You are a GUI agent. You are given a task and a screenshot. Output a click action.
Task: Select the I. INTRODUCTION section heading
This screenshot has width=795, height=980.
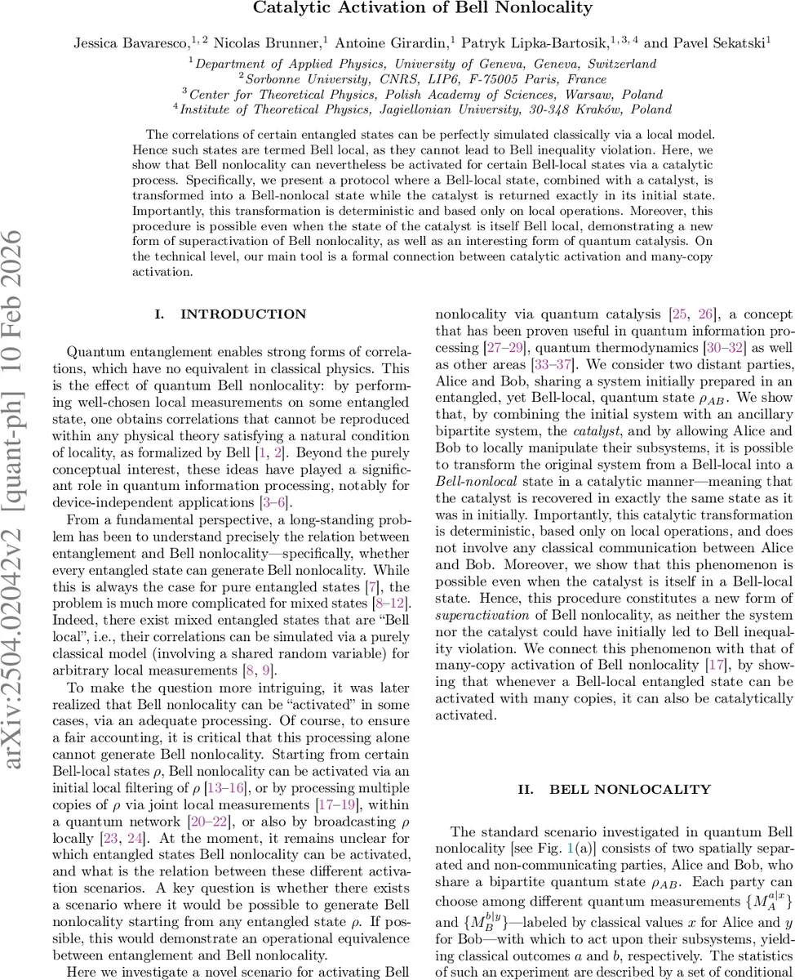[230, 314]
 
